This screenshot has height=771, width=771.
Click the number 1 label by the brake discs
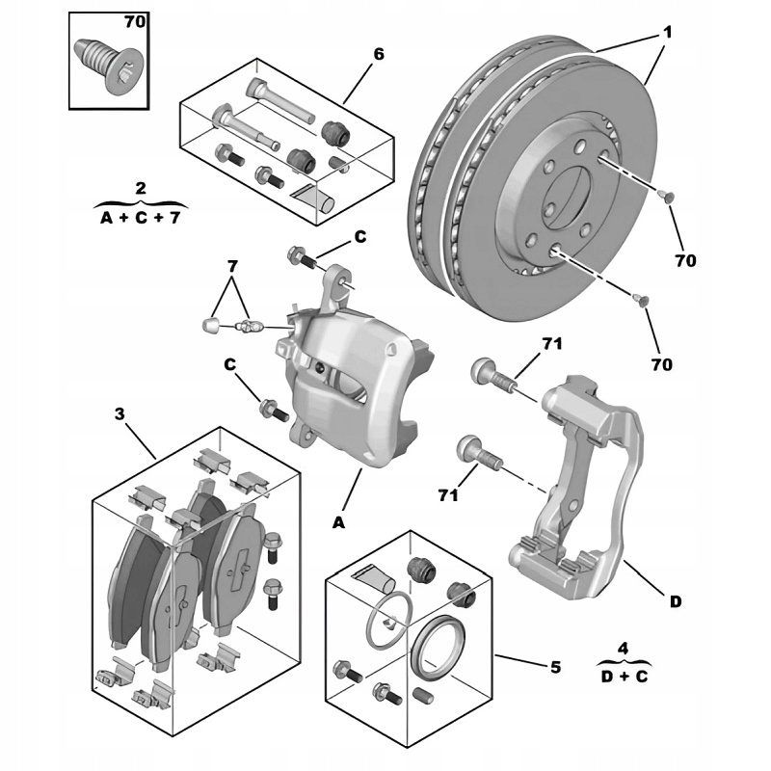tap(666, 33)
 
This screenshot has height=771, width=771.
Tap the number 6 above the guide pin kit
tap(379, 54)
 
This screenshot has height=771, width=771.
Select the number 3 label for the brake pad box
tap(120, 414)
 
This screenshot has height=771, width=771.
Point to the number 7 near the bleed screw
tap(231, 265)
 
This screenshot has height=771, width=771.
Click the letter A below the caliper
tap(338, 522)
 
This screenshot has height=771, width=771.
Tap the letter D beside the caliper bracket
tap(676, 600)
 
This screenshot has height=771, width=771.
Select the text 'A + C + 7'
tap(141, 217)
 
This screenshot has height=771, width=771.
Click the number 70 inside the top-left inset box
tap(132, 20)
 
